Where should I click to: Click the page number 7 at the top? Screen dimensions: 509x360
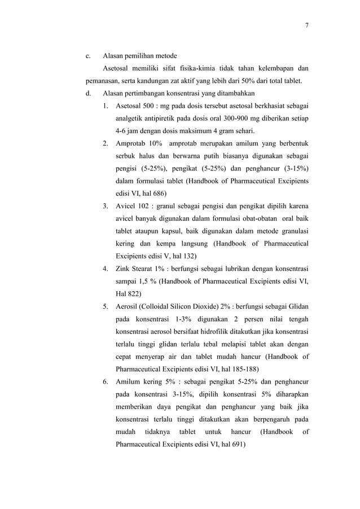307,24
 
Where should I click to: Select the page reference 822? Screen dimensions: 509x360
133,293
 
